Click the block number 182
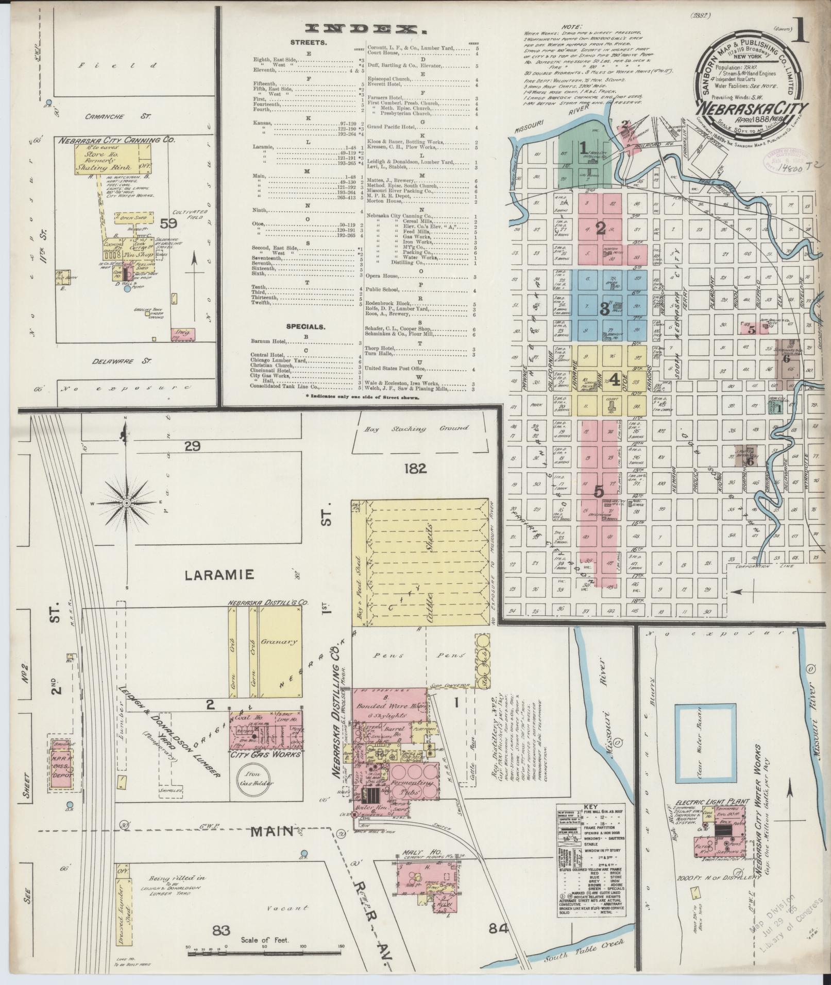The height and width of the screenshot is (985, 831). [416, 468]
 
